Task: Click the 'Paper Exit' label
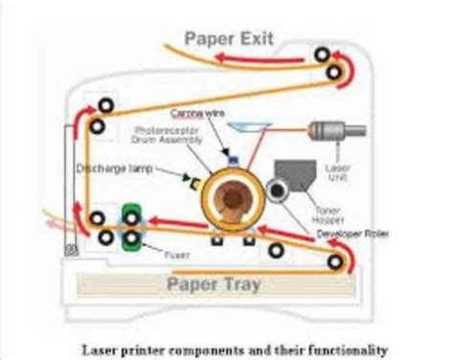pyautogui.click(x=229, y=39)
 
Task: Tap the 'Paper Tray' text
pyautogui.click(x=215, y=283)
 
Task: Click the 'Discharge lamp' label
pyautogui.click(x=110, y=169)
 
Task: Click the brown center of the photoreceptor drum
pyautogui.click(x=232, y=195)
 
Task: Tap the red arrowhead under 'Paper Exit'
pyautogui.click(x=223, y=59)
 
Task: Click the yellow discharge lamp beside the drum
pyautogui.click(x=195, y=182)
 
